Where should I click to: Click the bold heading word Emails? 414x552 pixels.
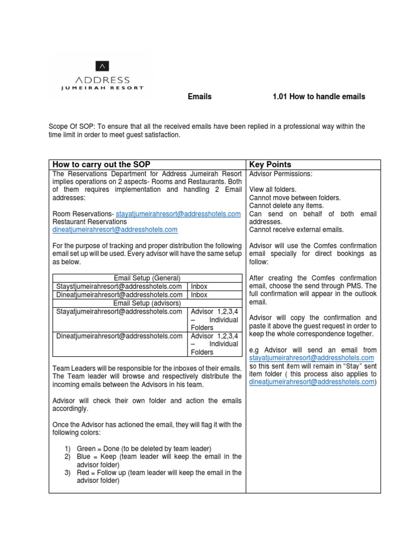pos(199,97)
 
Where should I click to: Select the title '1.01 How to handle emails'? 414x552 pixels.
pos(319,97)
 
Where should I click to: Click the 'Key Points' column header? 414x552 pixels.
pos(270,164)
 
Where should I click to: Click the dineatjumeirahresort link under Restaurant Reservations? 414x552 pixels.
pos(115,229)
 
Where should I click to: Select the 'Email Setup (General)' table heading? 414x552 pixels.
pos(147,278)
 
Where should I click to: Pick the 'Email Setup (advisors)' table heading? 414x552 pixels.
pos(147,303)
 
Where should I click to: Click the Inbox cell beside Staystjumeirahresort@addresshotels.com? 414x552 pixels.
pos(199,286)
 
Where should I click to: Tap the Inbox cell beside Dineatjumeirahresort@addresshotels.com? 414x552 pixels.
pos(199,295)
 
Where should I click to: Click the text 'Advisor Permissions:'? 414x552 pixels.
pos(280,174)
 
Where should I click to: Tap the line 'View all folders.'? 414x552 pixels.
pos(273,190)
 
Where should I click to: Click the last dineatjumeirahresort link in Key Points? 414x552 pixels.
pos(312,382)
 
